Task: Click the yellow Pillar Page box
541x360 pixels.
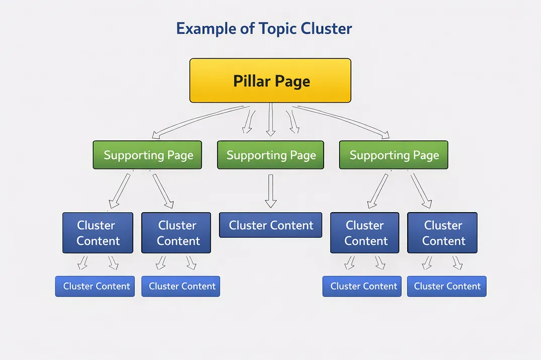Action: point(270,80)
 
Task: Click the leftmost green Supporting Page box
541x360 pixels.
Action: point(147,155)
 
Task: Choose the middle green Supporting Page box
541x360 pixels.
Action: point(271,155)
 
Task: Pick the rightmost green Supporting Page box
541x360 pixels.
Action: point(394,155)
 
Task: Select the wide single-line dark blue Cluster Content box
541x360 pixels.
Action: point(271,225)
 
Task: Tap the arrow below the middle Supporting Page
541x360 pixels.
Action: point(271,191)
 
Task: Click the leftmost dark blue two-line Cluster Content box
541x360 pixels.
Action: point(97,233)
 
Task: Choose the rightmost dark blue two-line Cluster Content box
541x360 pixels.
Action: point(442,233)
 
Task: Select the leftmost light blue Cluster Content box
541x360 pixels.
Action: point(95,286)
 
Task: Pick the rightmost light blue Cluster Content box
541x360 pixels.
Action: point(446,286)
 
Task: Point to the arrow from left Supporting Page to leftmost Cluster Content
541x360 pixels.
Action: point(120,191)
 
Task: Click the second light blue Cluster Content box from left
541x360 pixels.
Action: point(181,286)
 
